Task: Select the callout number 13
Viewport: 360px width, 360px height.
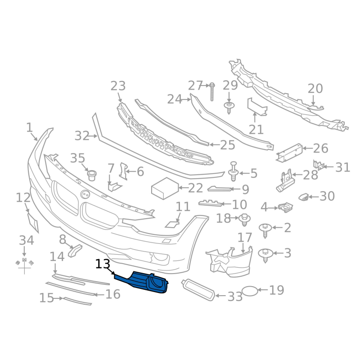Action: coord(103,264)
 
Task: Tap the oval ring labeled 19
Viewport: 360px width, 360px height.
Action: coord(250,291)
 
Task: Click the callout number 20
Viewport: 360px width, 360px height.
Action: coord(315,89)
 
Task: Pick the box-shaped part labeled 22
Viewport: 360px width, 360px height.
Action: coord(163,188)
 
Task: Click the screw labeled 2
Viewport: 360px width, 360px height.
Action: coord(265,229)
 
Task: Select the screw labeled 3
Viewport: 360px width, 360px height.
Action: coord(265,255)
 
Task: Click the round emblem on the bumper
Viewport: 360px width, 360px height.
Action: coord(85,194)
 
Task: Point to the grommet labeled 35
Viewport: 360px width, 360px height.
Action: coord(92,173)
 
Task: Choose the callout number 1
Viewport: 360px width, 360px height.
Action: coord(29,128)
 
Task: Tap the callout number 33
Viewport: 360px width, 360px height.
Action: coord(235,297)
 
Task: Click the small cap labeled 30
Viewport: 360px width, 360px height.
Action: coord(304,197)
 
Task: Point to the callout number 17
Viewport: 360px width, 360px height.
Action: coord(245,237)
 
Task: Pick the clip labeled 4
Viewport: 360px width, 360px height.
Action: coord(285,207)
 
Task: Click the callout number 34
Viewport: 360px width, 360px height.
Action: coord(26,241)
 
